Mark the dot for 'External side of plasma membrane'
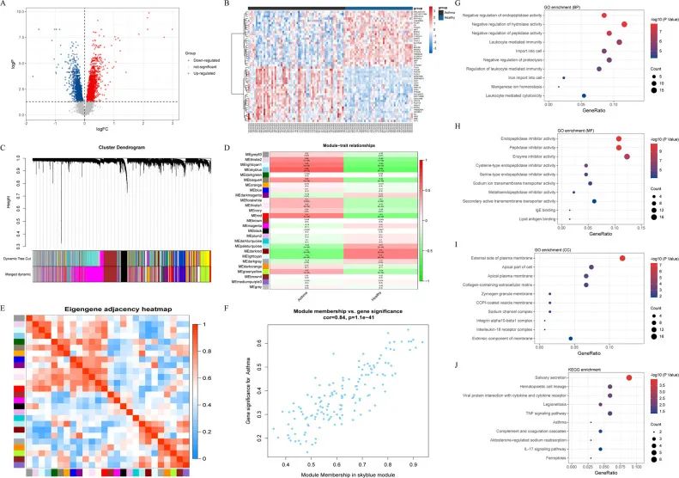coord(622,257)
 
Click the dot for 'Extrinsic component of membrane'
coord(571,338)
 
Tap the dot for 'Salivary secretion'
coord(629,377)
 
